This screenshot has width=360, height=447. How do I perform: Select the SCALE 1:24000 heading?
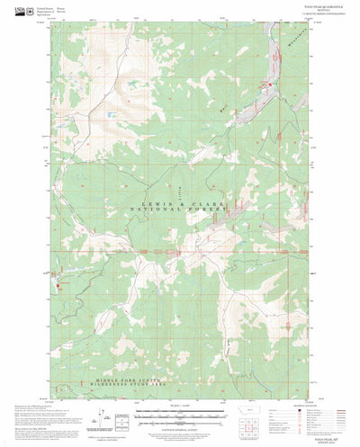(180, 405)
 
